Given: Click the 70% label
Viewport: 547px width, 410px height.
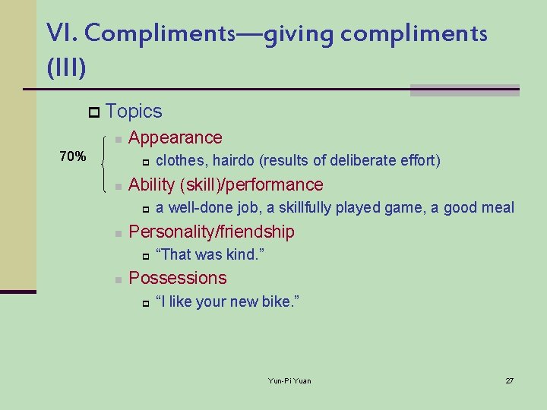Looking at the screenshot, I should coord(72,157).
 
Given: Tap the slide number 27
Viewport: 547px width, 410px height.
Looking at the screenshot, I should coord(510,380).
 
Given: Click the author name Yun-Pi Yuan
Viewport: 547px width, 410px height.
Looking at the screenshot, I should coord(289,380).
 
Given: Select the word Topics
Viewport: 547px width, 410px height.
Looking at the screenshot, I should coord(134,112).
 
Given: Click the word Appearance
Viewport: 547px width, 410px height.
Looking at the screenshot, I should coord(175,138).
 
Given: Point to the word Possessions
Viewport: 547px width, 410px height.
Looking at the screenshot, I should coord(178,278).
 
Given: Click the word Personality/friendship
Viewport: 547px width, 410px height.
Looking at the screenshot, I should coord(211,232).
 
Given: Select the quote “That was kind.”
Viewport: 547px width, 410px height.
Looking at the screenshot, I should coord(210,255).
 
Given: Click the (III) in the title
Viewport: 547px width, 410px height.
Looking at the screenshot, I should coord(66,68).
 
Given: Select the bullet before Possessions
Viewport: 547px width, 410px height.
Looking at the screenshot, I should coord(117,279).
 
